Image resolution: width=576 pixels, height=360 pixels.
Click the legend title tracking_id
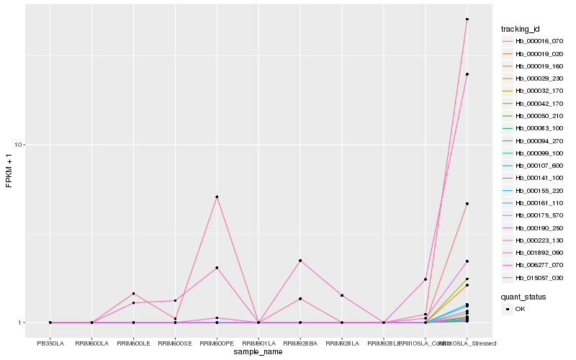(521, 29)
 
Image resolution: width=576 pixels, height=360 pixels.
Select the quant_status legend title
(523, 296)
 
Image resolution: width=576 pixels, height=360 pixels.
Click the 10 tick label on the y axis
(19, 145)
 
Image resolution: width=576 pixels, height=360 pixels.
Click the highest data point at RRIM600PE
(217, 197)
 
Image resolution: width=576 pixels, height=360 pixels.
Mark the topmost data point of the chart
(467, 19)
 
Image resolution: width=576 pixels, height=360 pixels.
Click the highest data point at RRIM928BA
(300, 260)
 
